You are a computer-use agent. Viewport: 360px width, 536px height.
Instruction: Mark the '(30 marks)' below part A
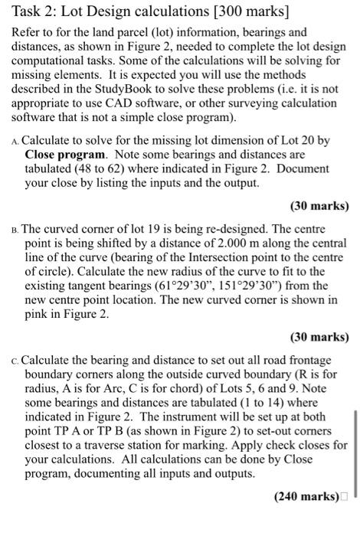[319, 206]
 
